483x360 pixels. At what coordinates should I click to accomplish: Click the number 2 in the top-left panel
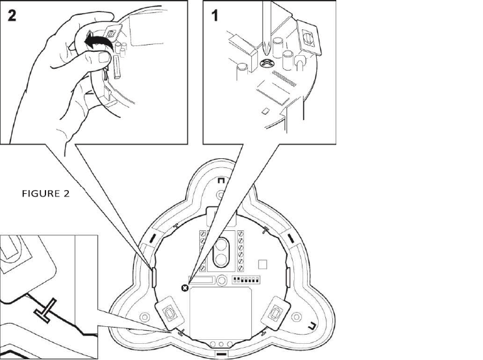11,18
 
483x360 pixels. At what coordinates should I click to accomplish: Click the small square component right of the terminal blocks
262,265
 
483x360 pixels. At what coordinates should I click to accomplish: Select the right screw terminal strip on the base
241,250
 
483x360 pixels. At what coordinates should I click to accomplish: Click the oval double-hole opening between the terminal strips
222,252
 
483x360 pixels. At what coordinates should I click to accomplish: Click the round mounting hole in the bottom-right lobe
296,317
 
